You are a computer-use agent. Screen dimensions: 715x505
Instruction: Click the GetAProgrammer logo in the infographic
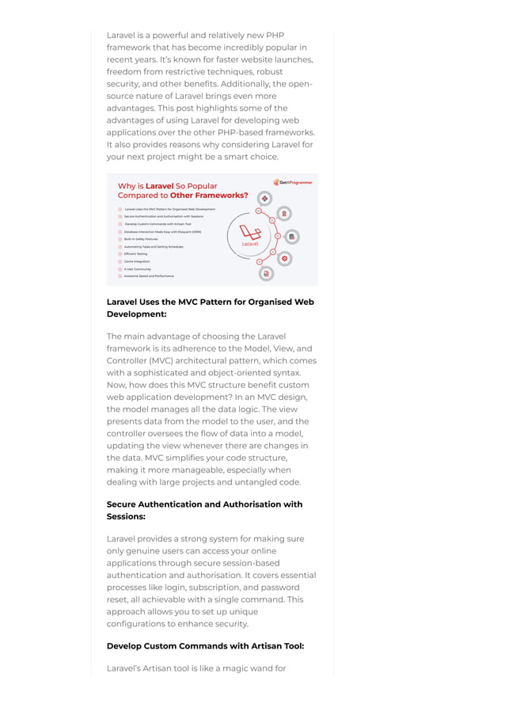coord(293,182)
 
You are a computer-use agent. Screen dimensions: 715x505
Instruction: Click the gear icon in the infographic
coord(284,258)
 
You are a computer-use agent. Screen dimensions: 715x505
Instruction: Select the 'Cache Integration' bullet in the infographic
coord(137,261)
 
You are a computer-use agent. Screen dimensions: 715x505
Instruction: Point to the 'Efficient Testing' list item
coord(135,253)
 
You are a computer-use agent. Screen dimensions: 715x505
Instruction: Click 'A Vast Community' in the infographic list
coord(137,268)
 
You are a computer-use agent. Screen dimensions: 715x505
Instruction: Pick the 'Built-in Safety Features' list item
coord(141,238)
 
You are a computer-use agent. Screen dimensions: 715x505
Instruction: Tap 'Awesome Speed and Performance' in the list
coord(149,276)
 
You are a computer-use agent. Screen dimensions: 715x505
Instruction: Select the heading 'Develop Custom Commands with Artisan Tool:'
coord(205,646)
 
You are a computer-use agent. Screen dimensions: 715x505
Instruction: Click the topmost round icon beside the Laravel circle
coord(265,199)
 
